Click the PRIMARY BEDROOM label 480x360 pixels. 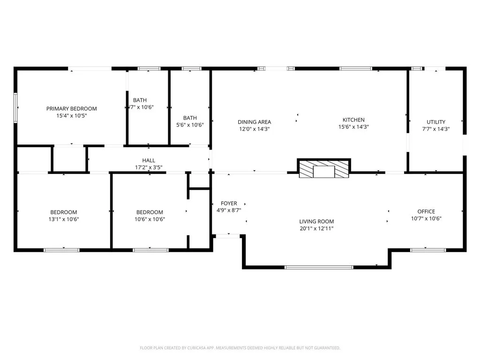(71, 109)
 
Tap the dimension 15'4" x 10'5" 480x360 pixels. (71, 115)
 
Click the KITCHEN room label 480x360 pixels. (353, 120)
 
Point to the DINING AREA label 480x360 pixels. (254, 122)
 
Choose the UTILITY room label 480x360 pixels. (435, 122)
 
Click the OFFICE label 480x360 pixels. (426, 211)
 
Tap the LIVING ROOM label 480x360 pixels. (316, 222)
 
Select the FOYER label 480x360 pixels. (229, 203)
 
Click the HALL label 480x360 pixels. (149, 160)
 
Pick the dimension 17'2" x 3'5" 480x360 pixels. (149, 167)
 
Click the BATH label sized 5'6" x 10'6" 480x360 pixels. (190, 118)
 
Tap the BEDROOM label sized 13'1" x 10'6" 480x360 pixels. (64, 212)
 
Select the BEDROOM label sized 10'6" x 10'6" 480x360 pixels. (150, 212)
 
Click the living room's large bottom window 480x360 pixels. (319, 267)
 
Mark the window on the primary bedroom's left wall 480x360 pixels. (16, 107)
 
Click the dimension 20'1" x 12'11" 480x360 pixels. (316, 229)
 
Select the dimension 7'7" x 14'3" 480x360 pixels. (435, 129)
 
